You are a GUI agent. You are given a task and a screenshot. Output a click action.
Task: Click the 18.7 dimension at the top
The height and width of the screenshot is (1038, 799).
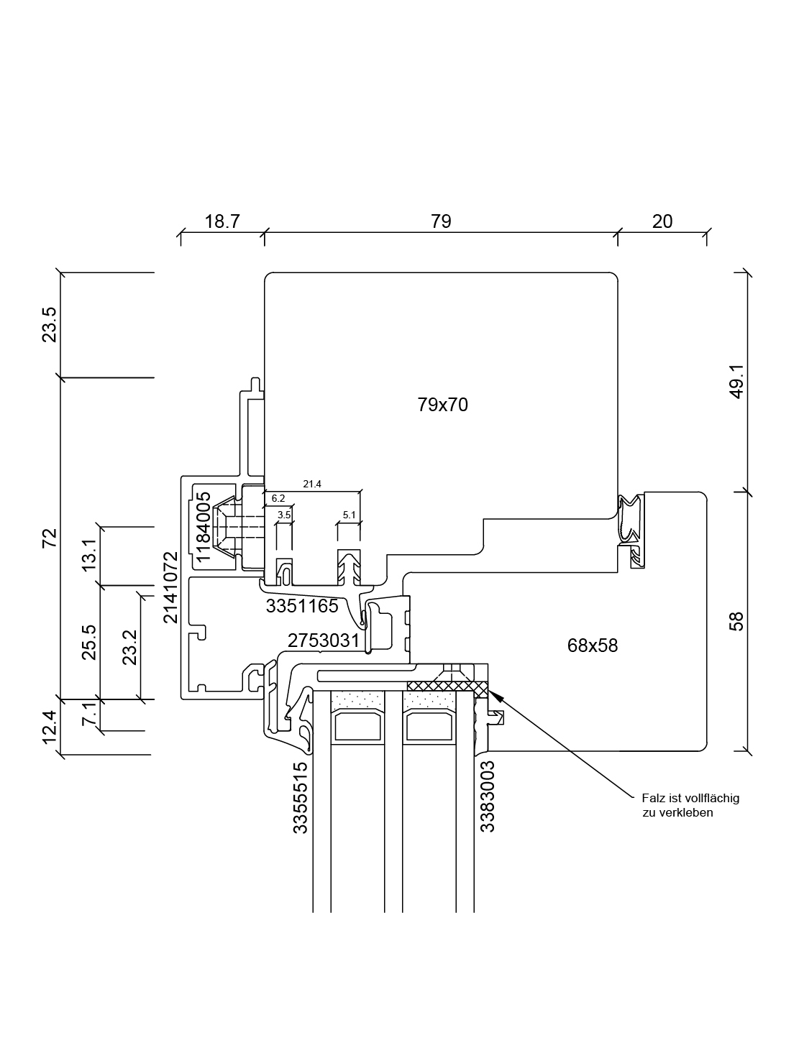point(222,221)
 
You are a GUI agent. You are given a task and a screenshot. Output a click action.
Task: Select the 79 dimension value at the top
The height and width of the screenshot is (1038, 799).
point(441,221)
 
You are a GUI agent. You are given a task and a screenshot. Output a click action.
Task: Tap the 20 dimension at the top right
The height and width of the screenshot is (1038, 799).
point(662,221)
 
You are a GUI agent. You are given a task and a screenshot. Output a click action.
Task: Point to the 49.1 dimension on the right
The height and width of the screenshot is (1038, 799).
point(737,382)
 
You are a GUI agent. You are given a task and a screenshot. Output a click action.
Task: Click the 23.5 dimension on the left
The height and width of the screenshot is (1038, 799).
point(50,324)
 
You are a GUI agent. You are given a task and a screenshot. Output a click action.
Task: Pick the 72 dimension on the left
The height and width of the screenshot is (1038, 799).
point(50,537)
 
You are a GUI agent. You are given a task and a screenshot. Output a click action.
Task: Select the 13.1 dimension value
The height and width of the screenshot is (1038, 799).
point(90,555)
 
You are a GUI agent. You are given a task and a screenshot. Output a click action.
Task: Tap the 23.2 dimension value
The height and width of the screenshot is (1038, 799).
point(130,648)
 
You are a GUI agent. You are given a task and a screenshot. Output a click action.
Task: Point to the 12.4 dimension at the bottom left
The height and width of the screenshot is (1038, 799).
point(50,727)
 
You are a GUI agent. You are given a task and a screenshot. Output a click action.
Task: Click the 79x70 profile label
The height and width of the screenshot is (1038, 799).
point(442,405)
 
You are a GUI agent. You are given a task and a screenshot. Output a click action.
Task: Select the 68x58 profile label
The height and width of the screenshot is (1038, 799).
point(592,646)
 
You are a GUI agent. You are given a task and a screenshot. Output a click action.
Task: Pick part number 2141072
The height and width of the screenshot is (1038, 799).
point(170,587)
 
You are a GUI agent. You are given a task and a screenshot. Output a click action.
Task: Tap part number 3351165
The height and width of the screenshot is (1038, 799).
point(301,606)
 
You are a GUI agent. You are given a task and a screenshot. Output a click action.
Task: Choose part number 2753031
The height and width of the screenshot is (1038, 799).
point(323,640)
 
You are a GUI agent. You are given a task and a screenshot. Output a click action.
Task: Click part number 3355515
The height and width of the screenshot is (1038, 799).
point(300,797)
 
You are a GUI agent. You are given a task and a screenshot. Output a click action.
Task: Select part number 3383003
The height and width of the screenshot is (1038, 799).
point(487,796)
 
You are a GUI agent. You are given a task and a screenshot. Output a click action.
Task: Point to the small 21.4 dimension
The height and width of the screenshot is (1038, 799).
point(311,484)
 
